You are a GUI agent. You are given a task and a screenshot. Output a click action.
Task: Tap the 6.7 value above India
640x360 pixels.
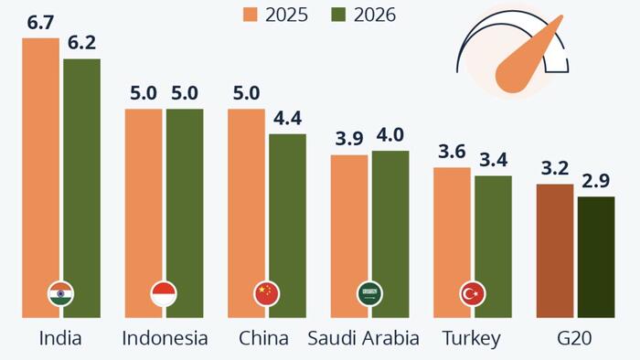pos(40,23)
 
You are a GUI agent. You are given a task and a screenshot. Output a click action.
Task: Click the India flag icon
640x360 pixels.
pos(60,293)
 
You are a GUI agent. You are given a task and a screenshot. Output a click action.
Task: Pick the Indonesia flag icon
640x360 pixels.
pos(164,293)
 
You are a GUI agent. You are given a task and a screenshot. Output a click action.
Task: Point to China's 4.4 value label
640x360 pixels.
pos(287,119)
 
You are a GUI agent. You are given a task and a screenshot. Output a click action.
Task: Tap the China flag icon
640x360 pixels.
pos(266,293)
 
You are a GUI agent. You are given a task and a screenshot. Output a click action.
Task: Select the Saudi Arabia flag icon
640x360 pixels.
pos(369,293)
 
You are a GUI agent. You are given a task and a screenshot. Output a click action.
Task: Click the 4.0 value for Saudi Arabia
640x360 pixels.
pos(390,135)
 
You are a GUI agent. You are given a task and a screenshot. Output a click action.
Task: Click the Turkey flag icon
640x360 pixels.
pos(473,293)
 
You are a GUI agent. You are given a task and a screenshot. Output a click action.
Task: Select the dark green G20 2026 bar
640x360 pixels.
pos(596,256)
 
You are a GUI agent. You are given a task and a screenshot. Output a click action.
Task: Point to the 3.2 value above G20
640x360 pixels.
pos(555,168)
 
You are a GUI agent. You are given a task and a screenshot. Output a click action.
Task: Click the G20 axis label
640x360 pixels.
pos(575,339)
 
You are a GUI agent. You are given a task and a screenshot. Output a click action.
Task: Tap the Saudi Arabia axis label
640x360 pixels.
pos(363,339)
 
